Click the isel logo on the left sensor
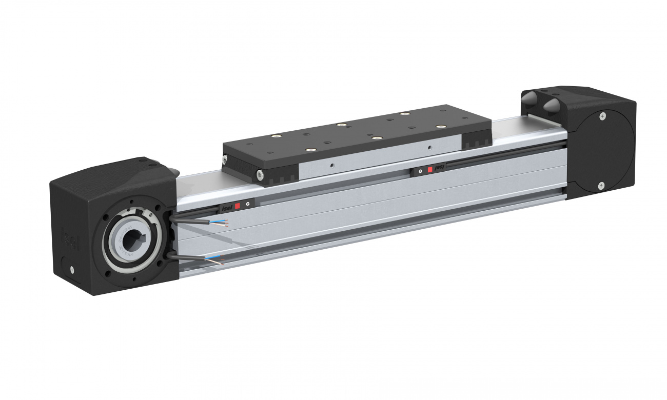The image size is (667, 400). coord(227,208)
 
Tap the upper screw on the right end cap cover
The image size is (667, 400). coord(602,116)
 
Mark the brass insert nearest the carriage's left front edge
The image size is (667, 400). coord(309,150)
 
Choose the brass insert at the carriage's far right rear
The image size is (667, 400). coord(405,113)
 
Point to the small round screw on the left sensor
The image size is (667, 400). coord(248,204)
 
